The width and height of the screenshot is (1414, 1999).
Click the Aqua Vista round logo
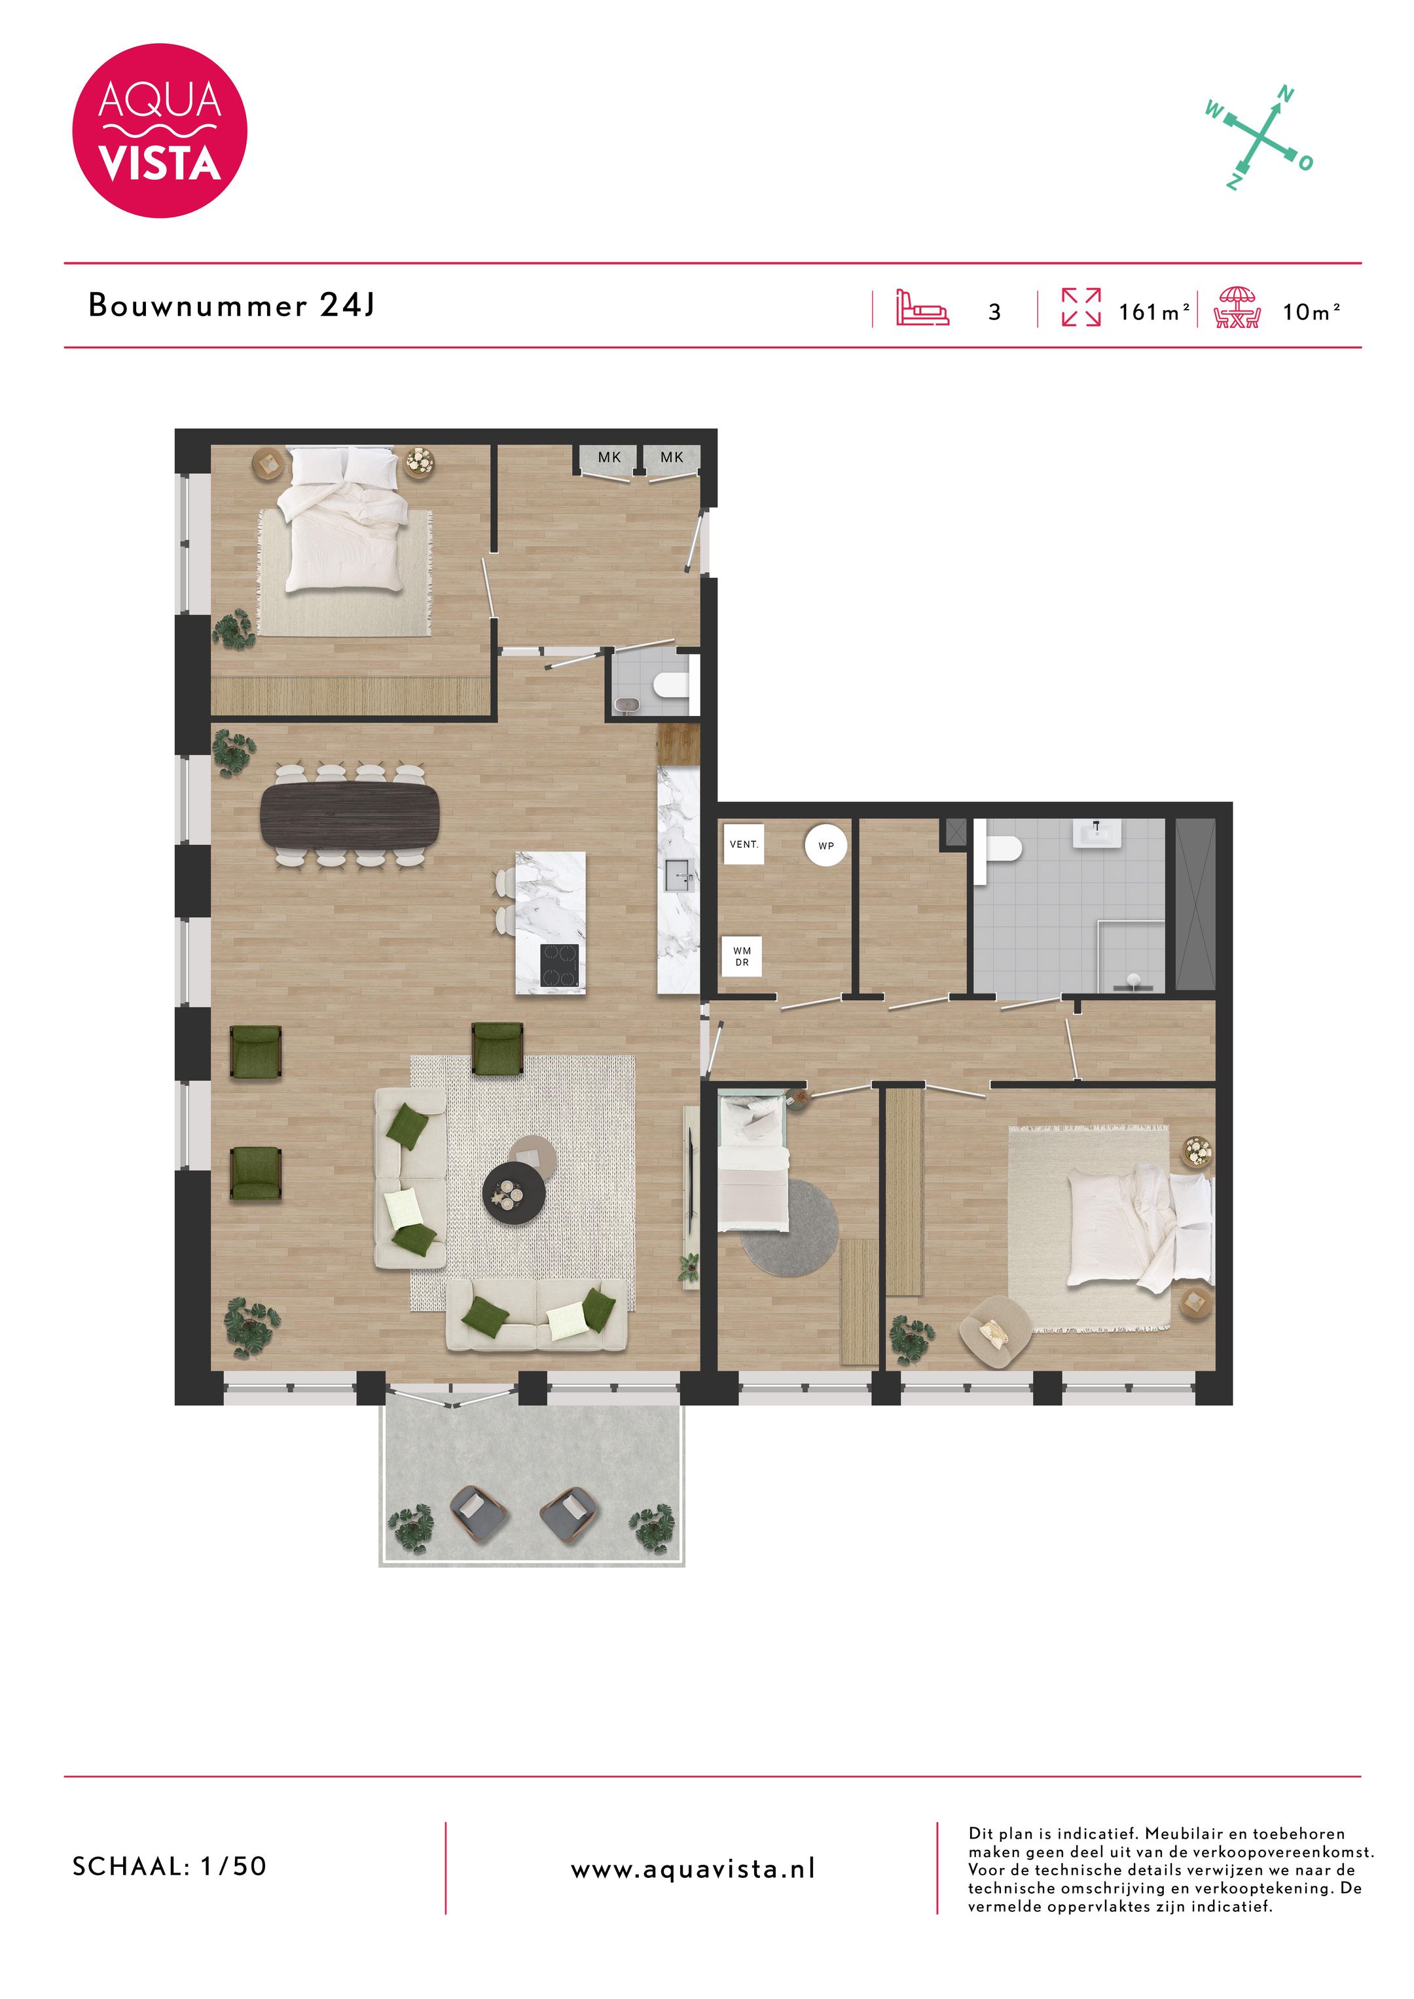(159, 131)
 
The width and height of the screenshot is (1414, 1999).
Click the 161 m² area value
(1153, 311)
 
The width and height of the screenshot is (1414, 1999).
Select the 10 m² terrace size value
(1311, 311)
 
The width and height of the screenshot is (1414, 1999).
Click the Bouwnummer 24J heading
(232, 305)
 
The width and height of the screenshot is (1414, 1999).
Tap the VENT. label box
(744, 844)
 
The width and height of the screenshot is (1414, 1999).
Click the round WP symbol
(825, 846)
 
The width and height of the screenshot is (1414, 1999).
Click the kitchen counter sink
(678, 875)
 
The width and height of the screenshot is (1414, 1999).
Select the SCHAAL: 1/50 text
(170, 1865)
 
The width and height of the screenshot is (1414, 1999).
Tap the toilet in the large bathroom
(1002, 847)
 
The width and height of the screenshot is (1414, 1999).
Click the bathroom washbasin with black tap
(1097, 833)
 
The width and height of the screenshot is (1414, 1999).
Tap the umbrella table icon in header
(1237, 308)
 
